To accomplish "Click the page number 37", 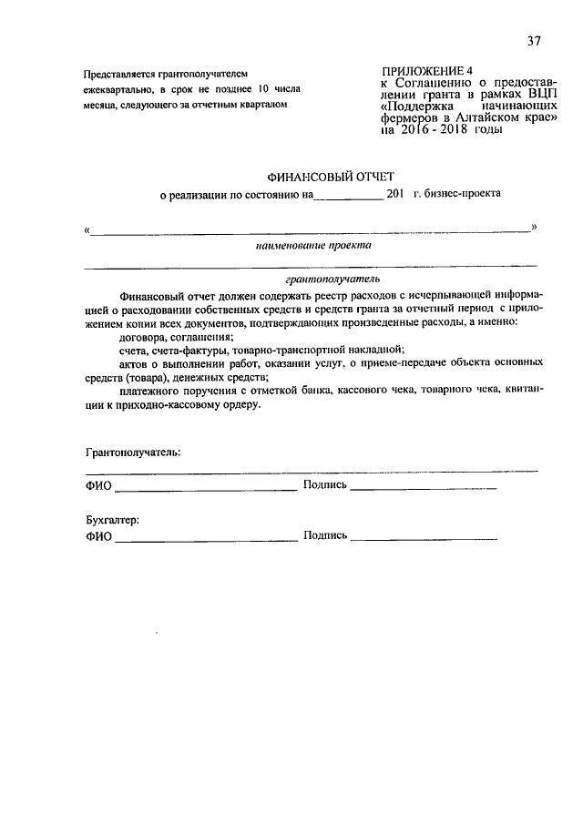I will point(534,41).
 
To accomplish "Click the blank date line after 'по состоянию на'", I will point(349,196).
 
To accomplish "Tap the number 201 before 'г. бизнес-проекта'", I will point(395,193).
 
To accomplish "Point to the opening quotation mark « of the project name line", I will point(86,229).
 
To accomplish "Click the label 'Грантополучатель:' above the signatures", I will point(133,452).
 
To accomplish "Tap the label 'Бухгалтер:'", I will point(113,520).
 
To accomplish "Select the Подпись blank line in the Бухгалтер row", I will point(424,539).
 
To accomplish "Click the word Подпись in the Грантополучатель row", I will point(325,486).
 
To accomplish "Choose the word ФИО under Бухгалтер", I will point(98,537).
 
